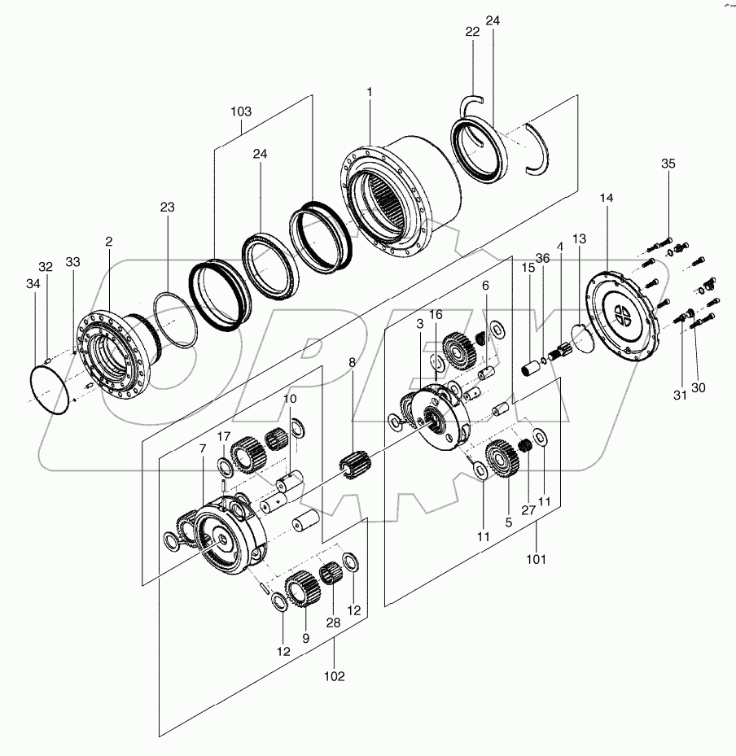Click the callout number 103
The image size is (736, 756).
pyautogui.click(x=242, y=111)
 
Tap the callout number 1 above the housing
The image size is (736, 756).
pyautogui.click(x=369, y=91)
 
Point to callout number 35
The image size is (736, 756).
pyautogui.click(x=668, y=164)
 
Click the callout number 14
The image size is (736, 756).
pyautogui.click(x=607, y=198)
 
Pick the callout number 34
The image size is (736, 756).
pyautogui.click(x=32, y=283)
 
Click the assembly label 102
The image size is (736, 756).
pyautogui.click(x=334, y=675)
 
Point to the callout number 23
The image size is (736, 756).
pyautogui.click(x=167, y=208)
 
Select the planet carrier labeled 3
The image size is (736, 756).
pyautogui.click(x=440, y=415)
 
